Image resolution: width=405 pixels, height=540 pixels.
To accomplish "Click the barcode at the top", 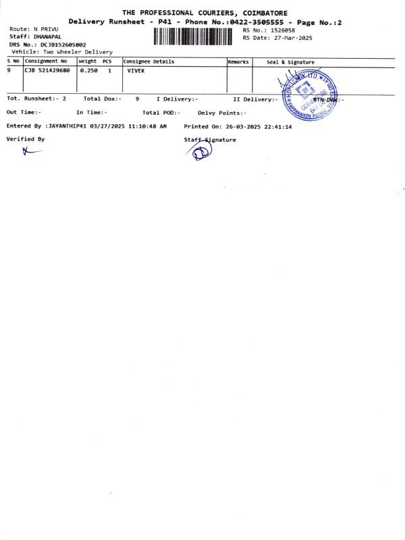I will (x=192, y=35).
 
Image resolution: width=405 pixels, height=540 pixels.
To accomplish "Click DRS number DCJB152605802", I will (x=63, y=45).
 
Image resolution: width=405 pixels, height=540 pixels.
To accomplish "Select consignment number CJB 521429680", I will (x=47, y=70).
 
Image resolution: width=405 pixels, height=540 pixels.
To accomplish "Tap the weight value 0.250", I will (x=89, y=70).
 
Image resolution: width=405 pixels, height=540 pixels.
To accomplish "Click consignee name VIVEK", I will (x=136, y=70).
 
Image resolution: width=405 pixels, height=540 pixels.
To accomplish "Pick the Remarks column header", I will (x=238, y=61).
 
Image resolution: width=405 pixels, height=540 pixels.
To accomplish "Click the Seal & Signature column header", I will (x=290, y=62).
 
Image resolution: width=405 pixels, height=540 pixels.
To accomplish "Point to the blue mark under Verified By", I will (x=31, y=151).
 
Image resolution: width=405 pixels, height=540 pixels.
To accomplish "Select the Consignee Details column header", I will (x=149, y=61).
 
